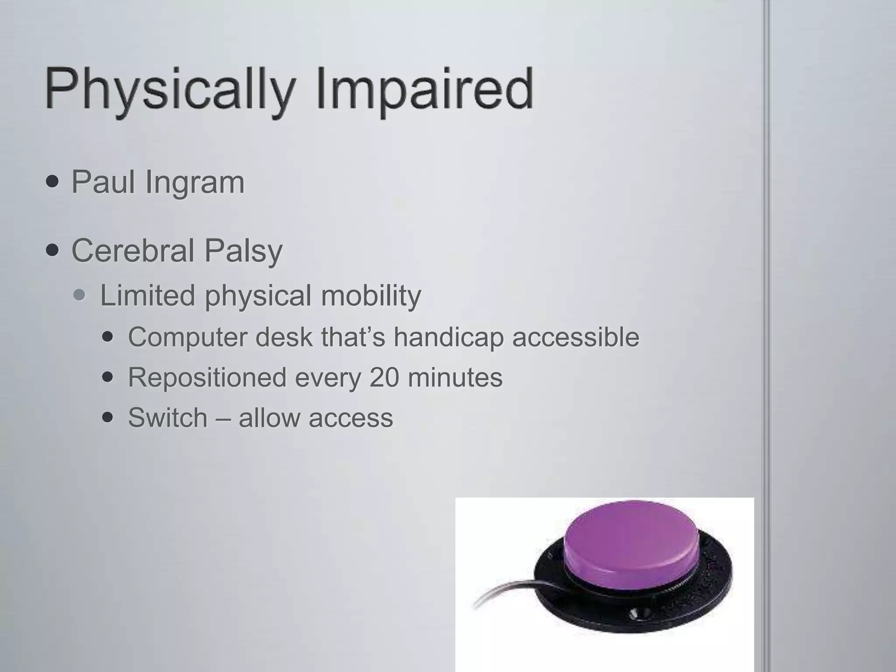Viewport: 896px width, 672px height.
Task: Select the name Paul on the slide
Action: point(103,182)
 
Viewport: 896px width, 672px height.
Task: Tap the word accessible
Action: point(576,337)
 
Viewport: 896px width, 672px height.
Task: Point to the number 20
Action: point(384,377)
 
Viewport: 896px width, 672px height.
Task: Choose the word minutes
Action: point(455,377)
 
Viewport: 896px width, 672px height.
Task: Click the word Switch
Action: point(168,417)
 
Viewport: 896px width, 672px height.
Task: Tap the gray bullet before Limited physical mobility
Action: point(80,296)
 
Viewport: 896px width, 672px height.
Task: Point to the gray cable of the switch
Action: point(503,591)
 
